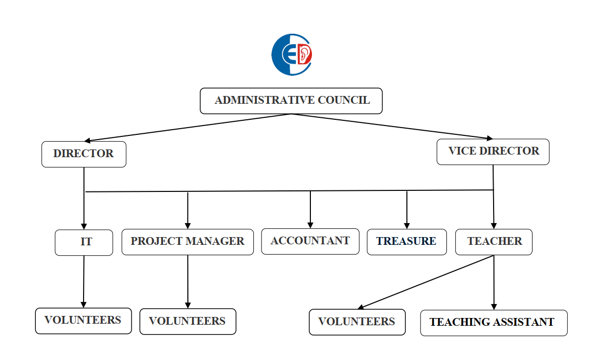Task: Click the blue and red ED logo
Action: coord(292,54)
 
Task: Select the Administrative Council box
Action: coord(291,101)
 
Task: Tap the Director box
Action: coord(84,154)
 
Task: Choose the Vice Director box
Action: coord(493,151)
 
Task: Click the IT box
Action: coord(84,242)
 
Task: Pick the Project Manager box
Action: coord(187,242)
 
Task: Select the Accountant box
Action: coord(310,241)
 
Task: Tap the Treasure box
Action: coord(406,242)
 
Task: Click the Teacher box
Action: coord(494,242)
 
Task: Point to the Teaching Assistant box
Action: coord(494,323)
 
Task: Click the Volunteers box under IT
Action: coord(83,321)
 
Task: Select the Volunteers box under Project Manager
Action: coord(187,322)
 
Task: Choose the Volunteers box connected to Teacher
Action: coord(357,322)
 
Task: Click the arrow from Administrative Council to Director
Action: coord(187,128)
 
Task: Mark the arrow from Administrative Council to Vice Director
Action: coord(392,126)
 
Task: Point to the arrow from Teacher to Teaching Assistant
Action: coord(494,283)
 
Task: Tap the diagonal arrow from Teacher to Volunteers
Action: coord(426,282)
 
